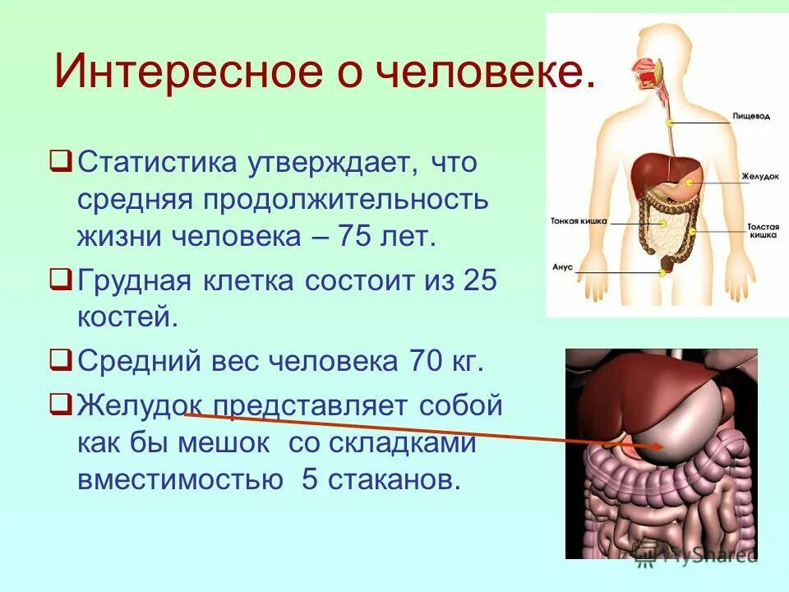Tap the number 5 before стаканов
point(310,479)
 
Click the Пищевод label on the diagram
point(751,118)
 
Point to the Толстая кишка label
point(763,230)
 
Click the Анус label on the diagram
point(562,266)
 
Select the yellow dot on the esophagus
point(671,123)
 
